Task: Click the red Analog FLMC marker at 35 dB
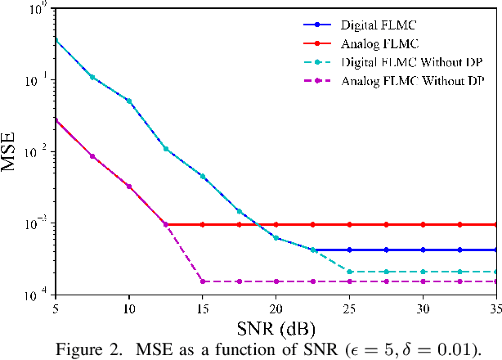pyautogui.click(x=495, y=224)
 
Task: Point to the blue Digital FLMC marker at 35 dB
pyautogui.click(x=495, y=250)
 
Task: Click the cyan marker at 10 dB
pyautogui.click(x=128, y=101)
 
